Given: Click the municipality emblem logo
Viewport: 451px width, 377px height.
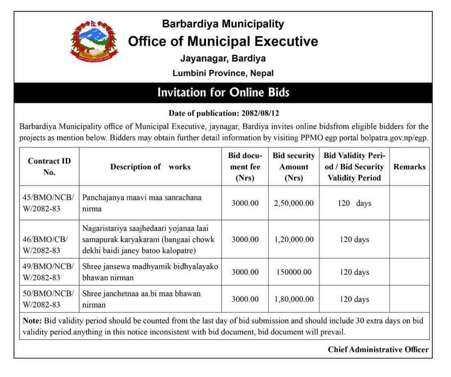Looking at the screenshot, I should click(x=94, y=42).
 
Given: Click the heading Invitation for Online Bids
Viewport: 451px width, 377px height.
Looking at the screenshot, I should click(x=223, y=92).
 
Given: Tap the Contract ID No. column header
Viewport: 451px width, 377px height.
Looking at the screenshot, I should click(x=49, y=167).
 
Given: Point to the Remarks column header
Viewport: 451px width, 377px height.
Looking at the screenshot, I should click(x=409, y=167).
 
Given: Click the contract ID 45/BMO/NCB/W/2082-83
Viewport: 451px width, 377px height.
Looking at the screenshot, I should click(x=48, y=203).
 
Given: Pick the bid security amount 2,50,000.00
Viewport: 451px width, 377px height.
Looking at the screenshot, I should click(x=294, y=203).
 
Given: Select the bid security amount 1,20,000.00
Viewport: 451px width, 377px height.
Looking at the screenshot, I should click(x=294, y=239).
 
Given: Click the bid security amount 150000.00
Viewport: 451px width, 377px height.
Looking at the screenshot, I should click(x=294, y=272).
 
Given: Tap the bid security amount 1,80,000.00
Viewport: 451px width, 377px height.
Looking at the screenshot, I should click(x=294, y=299).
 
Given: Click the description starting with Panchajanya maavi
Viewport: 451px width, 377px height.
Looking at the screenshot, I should click(x=141, y=203).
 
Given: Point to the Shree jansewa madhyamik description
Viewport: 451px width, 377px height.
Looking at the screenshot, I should click(x=150, y=272).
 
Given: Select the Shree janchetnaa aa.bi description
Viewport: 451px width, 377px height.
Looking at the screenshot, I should click(x=141, y=299).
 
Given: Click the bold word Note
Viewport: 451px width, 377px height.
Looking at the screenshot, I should click(x=31, y=321).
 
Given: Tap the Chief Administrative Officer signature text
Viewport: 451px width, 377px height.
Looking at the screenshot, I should click(x=378, y=350).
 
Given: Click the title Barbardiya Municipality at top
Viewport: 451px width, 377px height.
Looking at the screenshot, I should click(x=223, y=24).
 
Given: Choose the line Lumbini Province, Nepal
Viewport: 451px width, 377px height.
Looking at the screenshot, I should click(x=223, y=73).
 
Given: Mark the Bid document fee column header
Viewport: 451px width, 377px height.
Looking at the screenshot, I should click(x=245, y=167).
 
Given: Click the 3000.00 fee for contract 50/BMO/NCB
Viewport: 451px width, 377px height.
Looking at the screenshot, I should click(x=245, y=299).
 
